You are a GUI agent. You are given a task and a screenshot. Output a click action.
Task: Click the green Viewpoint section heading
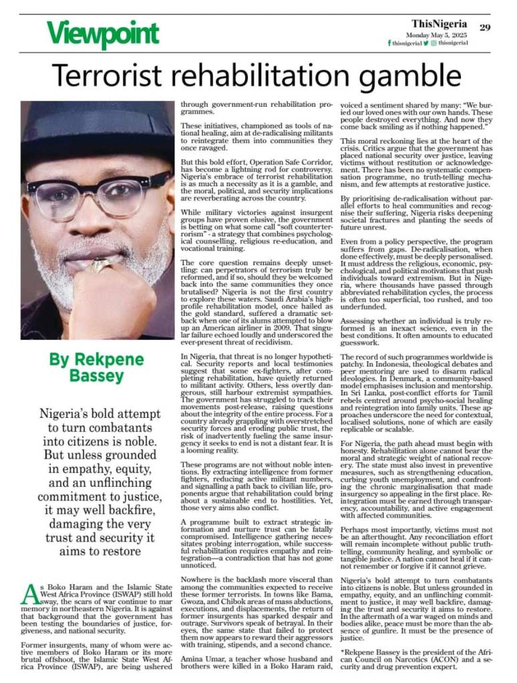(102, 33)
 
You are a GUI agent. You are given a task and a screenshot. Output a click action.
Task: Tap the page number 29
(485, 27)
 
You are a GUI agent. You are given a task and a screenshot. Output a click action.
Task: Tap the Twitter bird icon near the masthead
(425, 43)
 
